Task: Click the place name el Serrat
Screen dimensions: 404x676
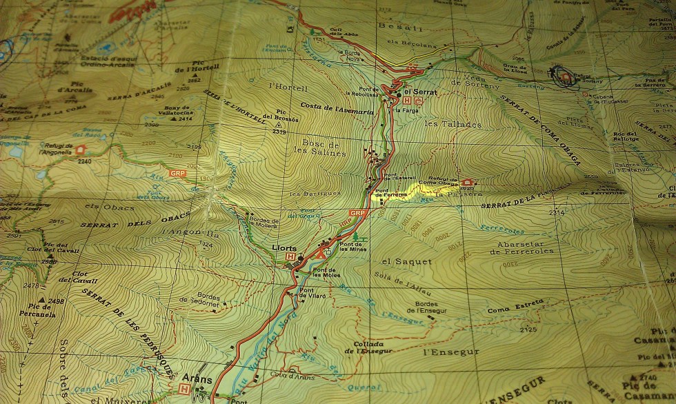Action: tap(417, 92)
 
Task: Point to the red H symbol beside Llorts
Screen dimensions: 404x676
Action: tap(290, 256)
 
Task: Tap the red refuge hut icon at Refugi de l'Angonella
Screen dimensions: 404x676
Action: tap(81, 149)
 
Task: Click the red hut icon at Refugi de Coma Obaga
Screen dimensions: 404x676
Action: tap(467, 183)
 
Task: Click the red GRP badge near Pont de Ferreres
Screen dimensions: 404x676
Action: tap(357, 213)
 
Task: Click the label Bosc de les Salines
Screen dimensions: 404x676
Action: tap(324, 148)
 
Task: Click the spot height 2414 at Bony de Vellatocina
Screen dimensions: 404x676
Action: tap(185, 119)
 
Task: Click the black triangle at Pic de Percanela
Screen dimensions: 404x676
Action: tap(43, 301)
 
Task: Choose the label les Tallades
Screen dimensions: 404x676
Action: tap(452, 124)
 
